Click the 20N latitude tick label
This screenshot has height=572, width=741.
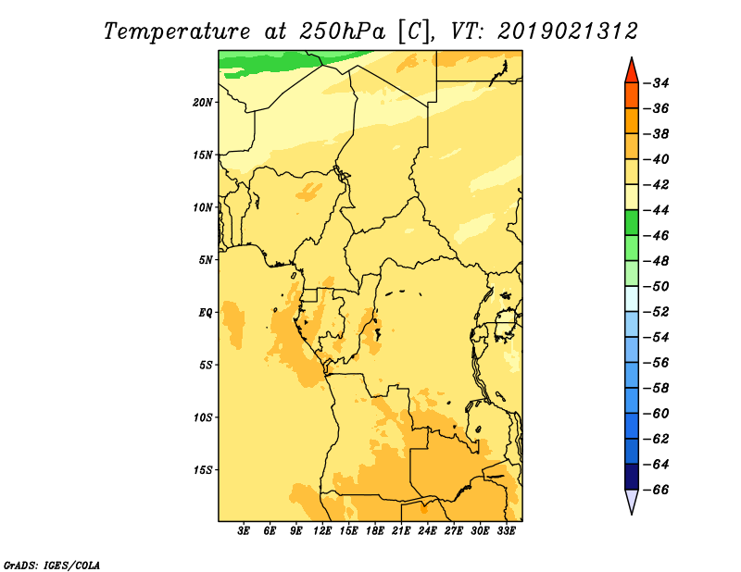(x=203, y=103)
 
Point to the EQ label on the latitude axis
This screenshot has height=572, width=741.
(x=206, y=313)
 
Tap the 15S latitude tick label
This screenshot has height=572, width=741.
(x=203, y=470)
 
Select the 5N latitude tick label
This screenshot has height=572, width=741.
(x=206, y=260)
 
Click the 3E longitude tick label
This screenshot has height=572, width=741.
(x=244, y=531)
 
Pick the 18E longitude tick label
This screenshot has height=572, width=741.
(x=375, y=531)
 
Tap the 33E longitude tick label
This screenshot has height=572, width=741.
(x=506, y=531)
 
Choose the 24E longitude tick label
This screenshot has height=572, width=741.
(x=427, y=531)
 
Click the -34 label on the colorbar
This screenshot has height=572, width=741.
(x=657, y=83)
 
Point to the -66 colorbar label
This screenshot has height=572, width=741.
(x=657, y=490)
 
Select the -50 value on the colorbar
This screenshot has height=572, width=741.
(x=657, y=287)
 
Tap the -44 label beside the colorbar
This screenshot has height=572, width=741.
(x=657, y=210)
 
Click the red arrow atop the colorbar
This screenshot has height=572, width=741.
(x=632, y=71)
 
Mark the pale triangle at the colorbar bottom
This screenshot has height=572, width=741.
(x=632, y=501)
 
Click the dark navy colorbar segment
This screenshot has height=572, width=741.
(x=632, y=477)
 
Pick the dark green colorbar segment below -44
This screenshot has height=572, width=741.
(x=632, y=222)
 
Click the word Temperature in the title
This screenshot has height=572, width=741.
(x=177, y=31)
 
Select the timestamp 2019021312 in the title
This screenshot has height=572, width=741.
(x=568, y=31)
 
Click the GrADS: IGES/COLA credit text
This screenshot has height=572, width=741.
(x=52, y=565)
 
